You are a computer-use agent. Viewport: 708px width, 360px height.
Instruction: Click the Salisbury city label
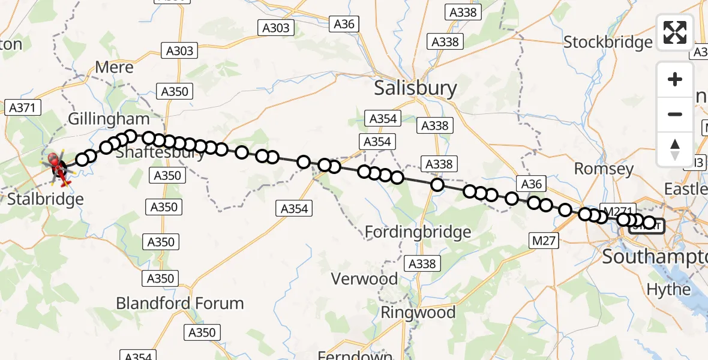(415, 88)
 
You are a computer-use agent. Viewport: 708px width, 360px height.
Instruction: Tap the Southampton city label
(655, 257)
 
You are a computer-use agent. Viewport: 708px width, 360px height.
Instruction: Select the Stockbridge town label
(608, 42)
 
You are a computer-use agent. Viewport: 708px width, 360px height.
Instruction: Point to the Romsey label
(604, 169)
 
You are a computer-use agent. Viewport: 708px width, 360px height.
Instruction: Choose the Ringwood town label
(418, 313)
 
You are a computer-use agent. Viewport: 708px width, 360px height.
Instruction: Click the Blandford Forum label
(180, 303)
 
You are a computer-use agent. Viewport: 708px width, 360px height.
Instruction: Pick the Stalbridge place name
(46, 199)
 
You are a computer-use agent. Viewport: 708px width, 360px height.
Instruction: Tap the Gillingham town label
(109, 119)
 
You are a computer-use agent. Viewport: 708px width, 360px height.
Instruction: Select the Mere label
(114, 67)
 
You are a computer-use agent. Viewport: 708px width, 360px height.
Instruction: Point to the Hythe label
(668, 289)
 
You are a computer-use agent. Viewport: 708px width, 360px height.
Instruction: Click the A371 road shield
(22, 108)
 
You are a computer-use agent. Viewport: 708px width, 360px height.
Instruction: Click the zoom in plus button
(675, 79)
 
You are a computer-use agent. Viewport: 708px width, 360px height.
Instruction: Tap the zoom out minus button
(675, 114)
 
